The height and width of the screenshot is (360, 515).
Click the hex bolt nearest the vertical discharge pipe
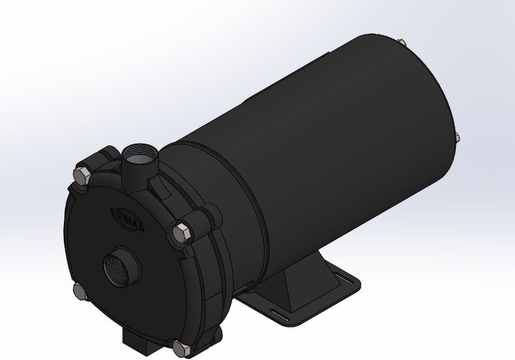tap(80, 175)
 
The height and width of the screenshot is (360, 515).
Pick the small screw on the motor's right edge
tap(457, 137)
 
